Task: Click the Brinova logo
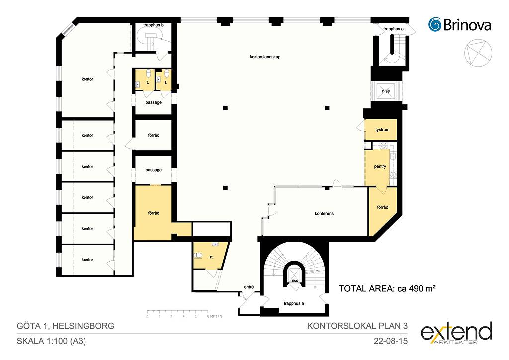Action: click(460, 25)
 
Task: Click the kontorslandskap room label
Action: click(265, 57)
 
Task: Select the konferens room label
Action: click(324, 214)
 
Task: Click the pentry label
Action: click(380, 166)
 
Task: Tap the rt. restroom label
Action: click(212, 257)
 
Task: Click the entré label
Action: click(249, 287)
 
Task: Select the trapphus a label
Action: click(294, 303)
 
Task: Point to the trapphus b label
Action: click(153, 25)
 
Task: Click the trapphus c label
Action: click(393, 29)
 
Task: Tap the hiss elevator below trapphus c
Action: click(386, 91)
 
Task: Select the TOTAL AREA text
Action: click(387, 288)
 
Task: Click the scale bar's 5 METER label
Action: click(214, 317)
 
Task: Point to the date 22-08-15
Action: click(391, 341)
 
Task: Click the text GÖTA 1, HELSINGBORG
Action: click(66, 326)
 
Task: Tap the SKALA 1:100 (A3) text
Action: click(51, 341)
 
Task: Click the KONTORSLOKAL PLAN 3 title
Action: click(357, 326)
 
